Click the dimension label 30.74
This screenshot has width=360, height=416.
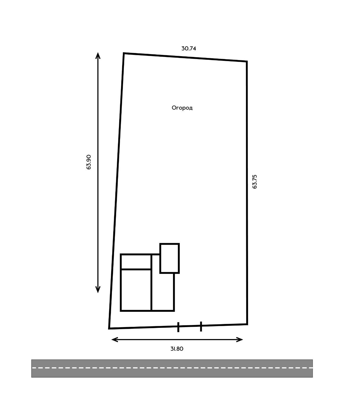(x=189, y=48)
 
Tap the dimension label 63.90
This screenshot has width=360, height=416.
(x=89, y=162)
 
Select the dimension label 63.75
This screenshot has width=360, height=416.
(x=255, y=181)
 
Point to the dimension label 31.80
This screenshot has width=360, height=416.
(x=177, y=349)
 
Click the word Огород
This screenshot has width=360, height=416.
(x=182, y=108)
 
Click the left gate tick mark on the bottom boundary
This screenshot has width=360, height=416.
(x=178, y=327)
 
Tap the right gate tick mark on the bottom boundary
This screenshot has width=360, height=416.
(x=201, y=326)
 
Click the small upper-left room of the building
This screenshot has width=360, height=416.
(x=136, y=262)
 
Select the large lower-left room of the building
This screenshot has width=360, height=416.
(x=136, y=290)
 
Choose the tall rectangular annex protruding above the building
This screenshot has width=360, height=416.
(x=170, y=258)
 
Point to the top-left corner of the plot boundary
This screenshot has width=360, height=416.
(x=124, y=53)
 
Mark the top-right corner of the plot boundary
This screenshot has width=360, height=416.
(x=246, y=61)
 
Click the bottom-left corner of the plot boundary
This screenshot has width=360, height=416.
(x=109, y=328)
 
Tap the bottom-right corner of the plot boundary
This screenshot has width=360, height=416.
(x=247, y=324)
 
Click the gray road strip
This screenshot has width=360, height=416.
(x=172, y=368)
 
